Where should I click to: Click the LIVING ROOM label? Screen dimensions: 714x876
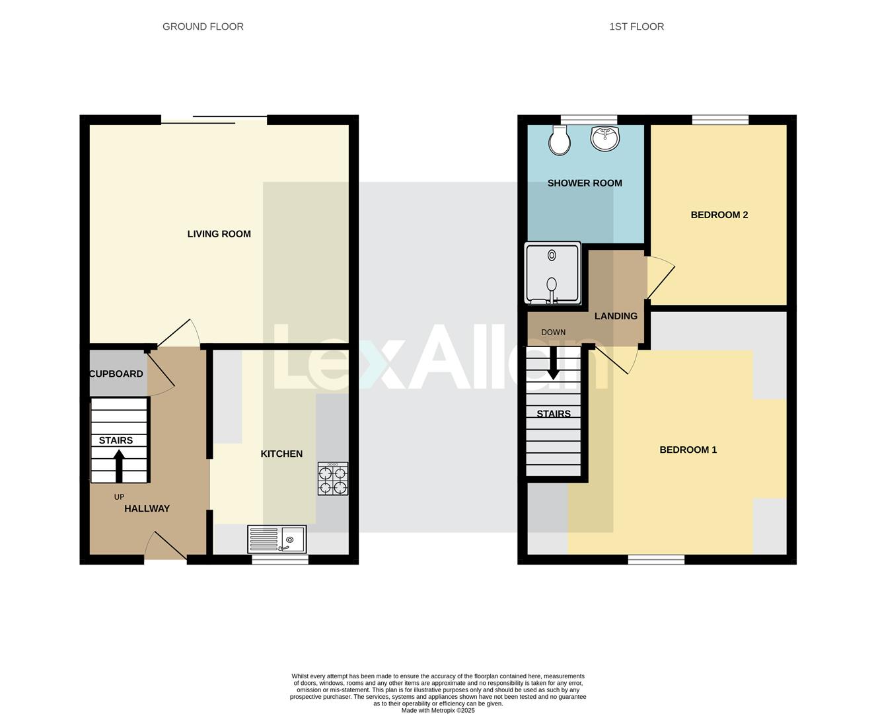tap(219, 234)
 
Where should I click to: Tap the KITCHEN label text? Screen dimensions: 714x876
tap(281, 454)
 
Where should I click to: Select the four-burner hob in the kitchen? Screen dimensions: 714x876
tap(333, 479)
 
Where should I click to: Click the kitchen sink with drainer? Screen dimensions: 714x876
tap(276, 539)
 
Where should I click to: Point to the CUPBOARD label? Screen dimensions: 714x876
tap(116, 374)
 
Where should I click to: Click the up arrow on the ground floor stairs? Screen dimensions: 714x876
tap(119, 465)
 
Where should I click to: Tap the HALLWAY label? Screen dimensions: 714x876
tap(147, 509)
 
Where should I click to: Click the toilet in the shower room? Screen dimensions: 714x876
tap(560, 140)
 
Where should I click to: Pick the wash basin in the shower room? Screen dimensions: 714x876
tap(604, 138)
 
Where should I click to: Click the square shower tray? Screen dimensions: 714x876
tap(552, 273)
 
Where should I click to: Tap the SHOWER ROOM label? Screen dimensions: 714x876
tap(585, 184)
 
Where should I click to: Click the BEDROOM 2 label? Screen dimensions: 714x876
tap(719, 215)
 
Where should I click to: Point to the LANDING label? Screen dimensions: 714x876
tap(616, 317)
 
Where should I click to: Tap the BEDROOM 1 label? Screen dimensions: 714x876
tap(688, 450)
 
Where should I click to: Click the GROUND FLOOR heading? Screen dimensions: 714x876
tap(203, 27)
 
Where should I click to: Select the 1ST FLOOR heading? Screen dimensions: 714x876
tap(636, 27)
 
